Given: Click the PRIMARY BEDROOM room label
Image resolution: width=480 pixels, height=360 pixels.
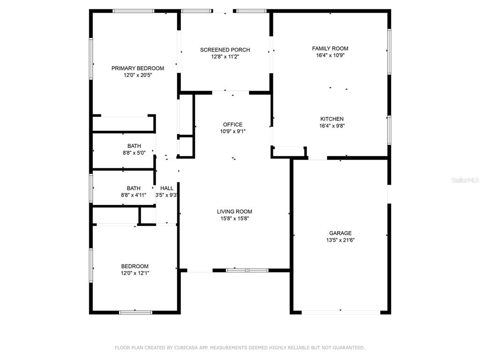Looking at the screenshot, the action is click(138, 68).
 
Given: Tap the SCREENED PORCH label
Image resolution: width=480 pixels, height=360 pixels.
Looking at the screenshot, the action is click(225, 50).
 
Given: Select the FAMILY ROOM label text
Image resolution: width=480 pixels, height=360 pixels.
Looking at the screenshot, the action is click(330, 48).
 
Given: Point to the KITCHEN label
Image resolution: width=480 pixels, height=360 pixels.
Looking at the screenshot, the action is click(332, 119).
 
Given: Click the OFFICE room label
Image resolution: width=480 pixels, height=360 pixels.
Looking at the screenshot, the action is click(232, 125).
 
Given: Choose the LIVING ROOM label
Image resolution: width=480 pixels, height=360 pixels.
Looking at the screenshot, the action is click(234, 211).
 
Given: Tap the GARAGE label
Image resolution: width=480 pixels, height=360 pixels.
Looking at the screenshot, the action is click(340, 233).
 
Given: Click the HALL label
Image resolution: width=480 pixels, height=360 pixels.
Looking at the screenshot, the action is click(167, 188).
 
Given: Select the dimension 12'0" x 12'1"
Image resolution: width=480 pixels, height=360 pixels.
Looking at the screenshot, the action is click(135, 273).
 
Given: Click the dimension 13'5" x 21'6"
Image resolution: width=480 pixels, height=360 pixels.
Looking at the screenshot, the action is click(340, 240).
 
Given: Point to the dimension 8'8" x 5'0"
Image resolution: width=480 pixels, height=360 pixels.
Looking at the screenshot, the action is click(134, 153).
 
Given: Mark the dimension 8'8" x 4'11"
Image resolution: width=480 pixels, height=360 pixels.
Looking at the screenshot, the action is click(134, 195).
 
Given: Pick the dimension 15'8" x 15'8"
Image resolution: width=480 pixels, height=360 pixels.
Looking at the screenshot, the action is click(234, 218).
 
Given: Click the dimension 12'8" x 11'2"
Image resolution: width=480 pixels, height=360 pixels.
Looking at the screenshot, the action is click(225, 57).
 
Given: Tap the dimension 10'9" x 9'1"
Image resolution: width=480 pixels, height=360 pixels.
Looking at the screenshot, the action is click(232, 132).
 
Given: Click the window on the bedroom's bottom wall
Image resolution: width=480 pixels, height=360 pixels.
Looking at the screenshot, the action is click(135, 313).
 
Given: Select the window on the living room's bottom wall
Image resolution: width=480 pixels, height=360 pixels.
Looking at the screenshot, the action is click(247, 270).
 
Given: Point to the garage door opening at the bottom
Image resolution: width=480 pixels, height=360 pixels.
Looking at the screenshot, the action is click(341, 313).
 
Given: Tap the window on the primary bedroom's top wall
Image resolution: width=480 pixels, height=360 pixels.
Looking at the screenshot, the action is click(133, 11).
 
